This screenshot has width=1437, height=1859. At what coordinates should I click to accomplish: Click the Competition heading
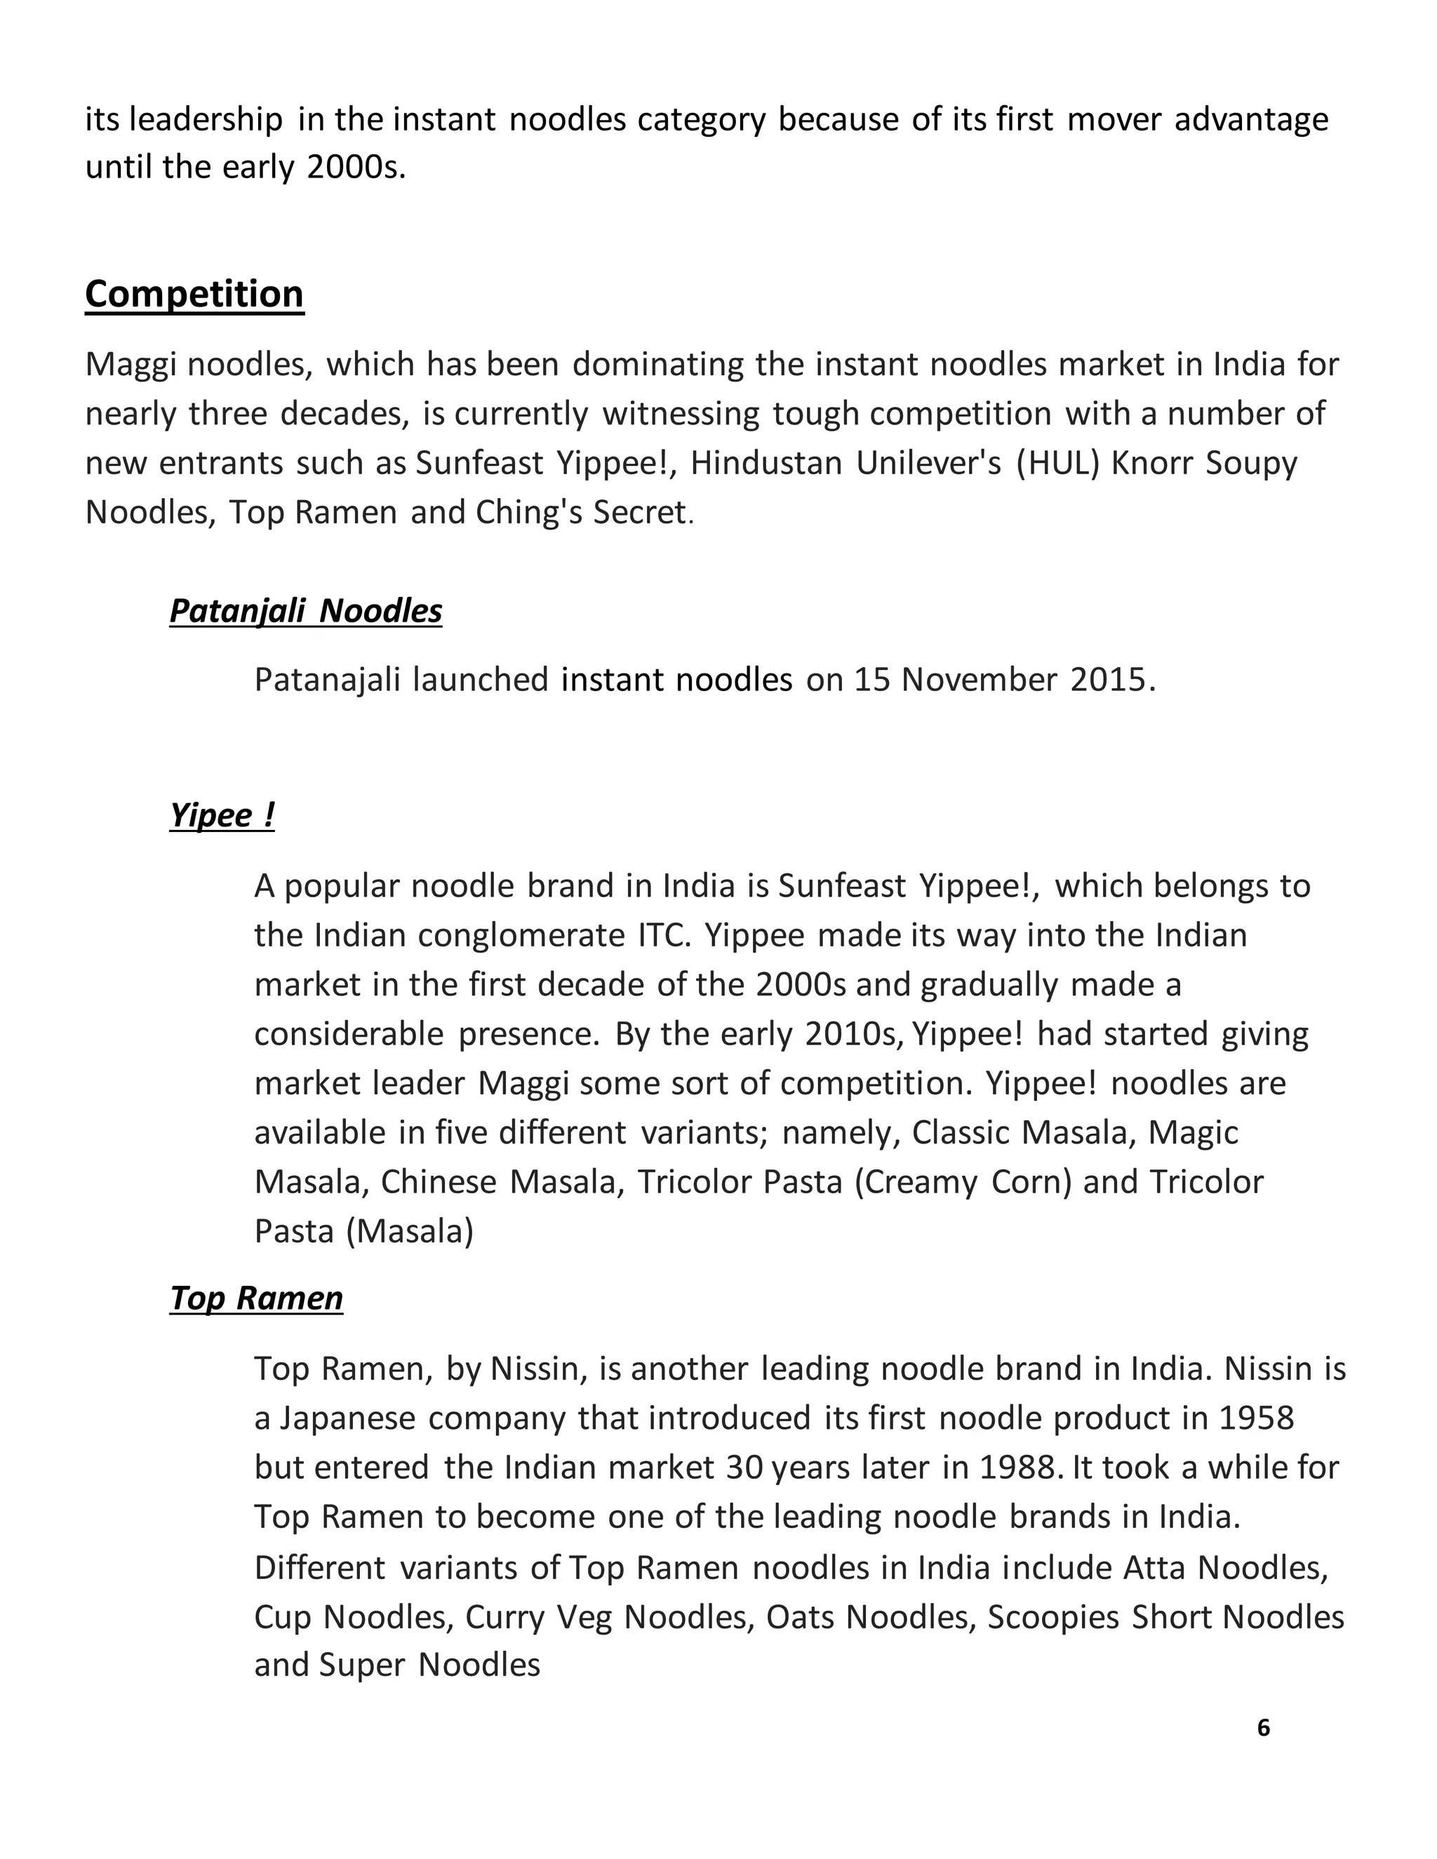point(194,295)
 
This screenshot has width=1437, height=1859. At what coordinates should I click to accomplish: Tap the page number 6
point(1263,1728)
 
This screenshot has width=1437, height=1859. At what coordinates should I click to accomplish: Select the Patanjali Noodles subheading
point(306,611)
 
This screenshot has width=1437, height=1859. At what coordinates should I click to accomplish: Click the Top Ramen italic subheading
point(256,1298)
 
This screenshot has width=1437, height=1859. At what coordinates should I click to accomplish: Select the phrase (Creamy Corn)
point(962,1182)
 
